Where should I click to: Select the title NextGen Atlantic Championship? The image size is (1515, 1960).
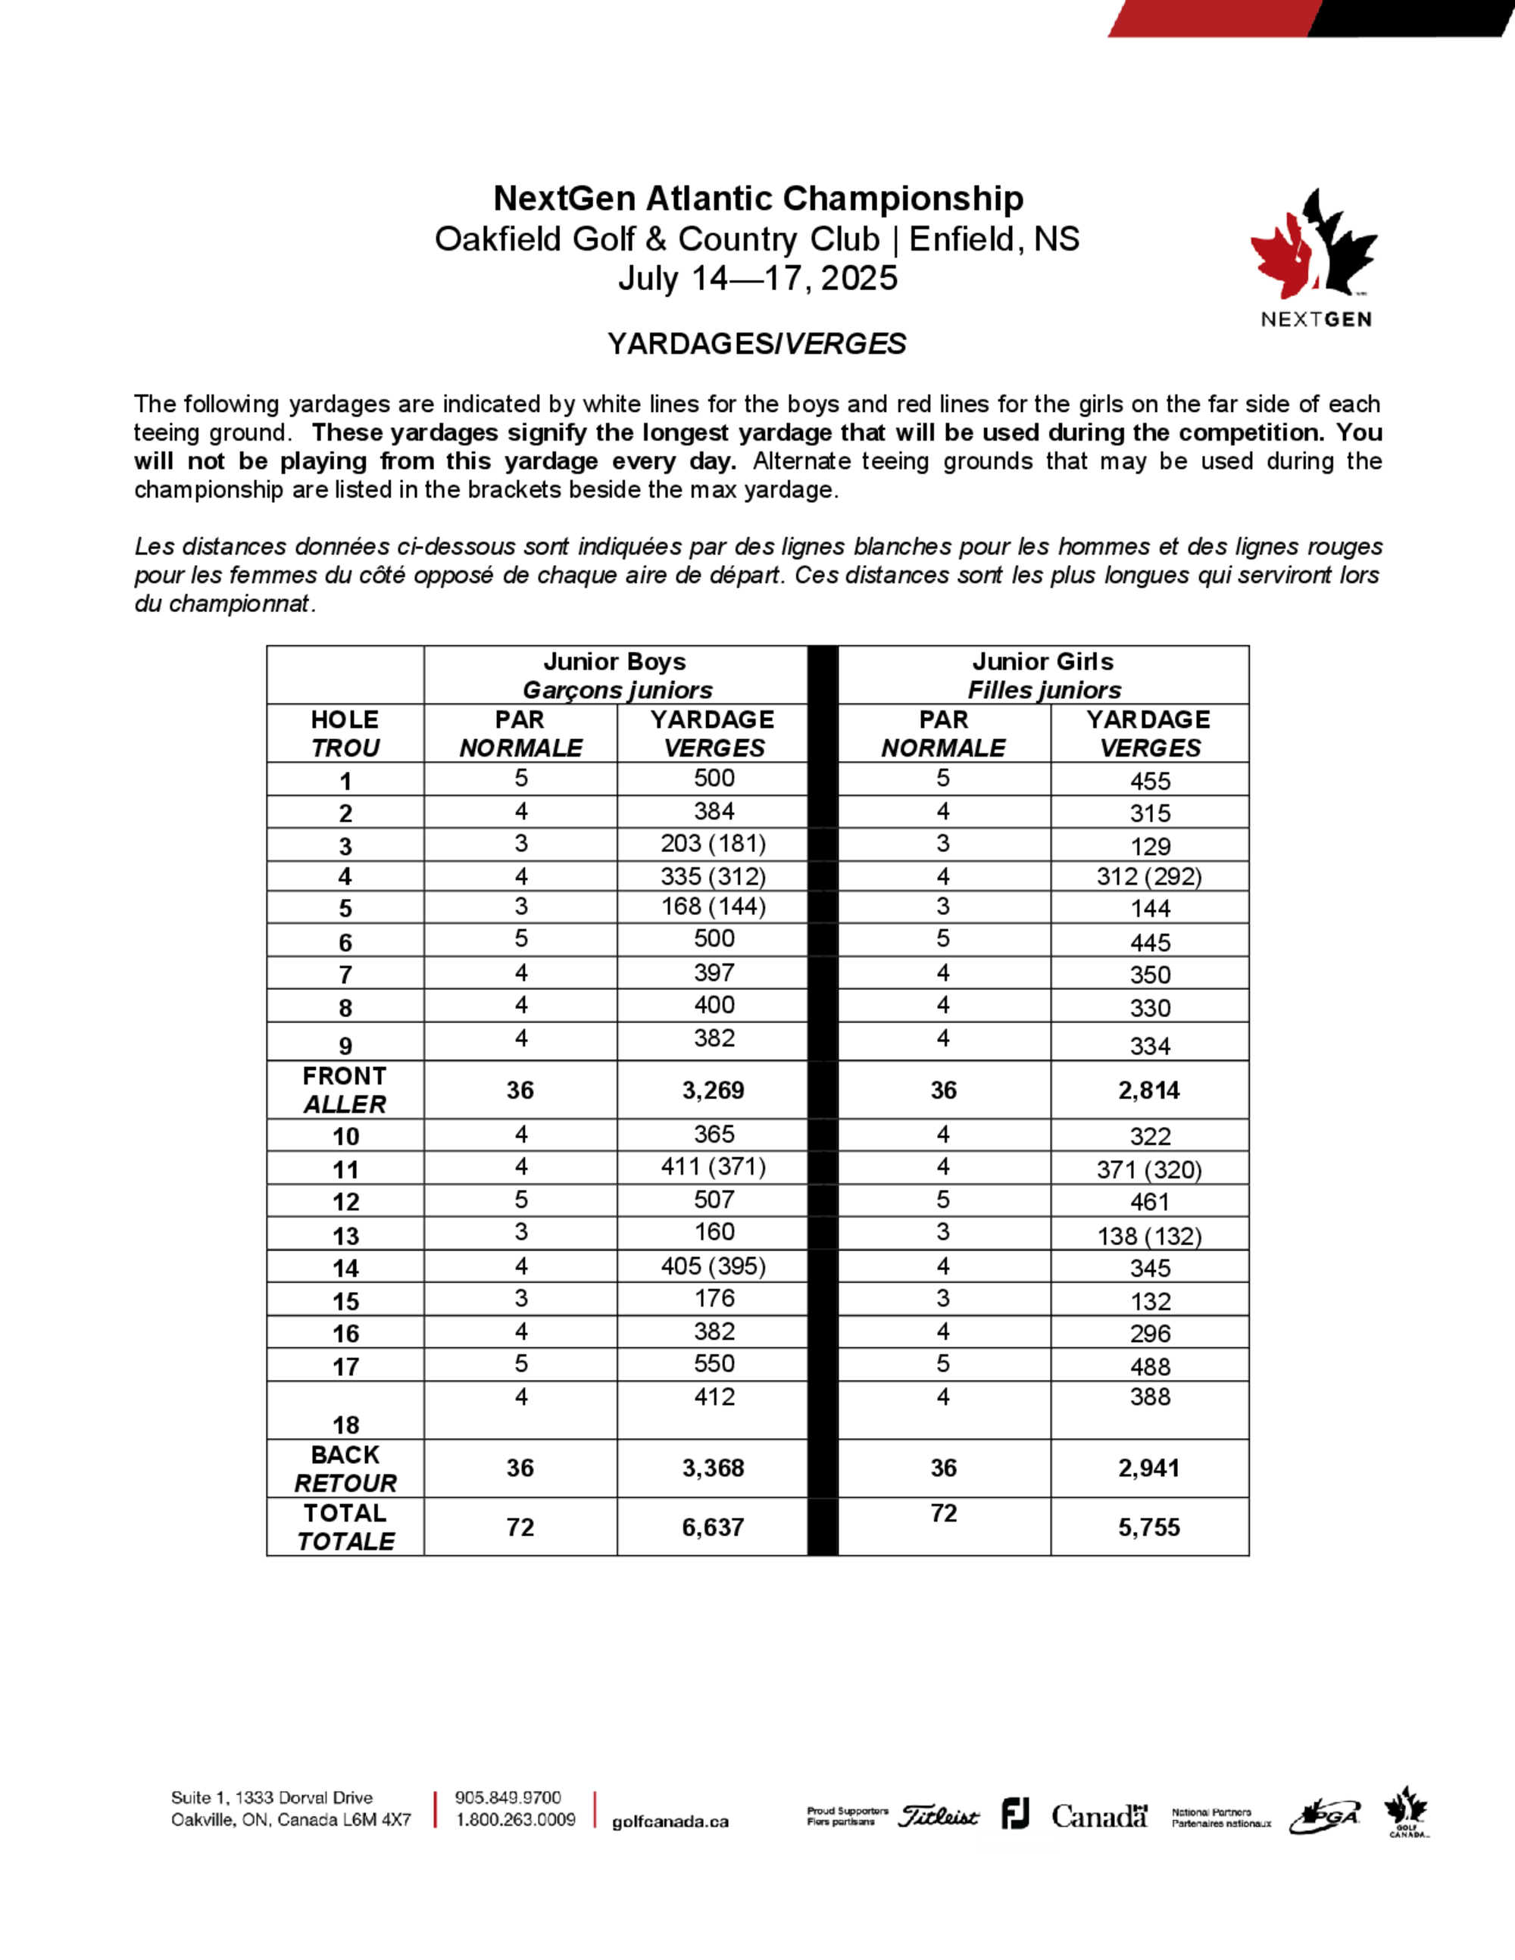click(x=757, y=198)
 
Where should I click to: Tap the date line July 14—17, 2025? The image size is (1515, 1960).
click(x=757, y=278)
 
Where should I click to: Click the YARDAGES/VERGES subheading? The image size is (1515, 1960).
click(x=757, y=344)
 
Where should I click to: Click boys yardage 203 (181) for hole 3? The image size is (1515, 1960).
click(x=714, y=844)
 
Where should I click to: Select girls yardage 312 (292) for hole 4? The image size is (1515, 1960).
click(x=1149, y=876)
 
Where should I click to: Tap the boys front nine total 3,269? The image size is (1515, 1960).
click(x=713, y=1091)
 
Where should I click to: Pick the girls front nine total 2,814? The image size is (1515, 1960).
click(x=1149, y=1091)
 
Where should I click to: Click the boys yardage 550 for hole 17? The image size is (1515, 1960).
click(x=714, y=1364)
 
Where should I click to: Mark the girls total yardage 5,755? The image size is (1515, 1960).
click(x=1149, y=1528)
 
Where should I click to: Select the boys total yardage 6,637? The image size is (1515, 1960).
click(x=713, y=1528)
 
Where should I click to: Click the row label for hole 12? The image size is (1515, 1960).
click(x=345, y=1203)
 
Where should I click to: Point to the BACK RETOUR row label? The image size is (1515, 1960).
click(x=345, y=1469)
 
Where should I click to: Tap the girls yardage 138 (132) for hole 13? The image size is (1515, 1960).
click(x=1149, y=1237)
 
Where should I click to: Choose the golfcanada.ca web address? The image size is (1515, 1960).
click(x=670, y=1822)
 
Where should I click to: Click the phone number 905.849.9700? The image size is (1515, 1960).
click(x=508, y=1798)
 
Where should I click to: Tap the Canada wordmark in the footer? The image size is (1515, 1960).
click(x=1099, y=1816)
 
